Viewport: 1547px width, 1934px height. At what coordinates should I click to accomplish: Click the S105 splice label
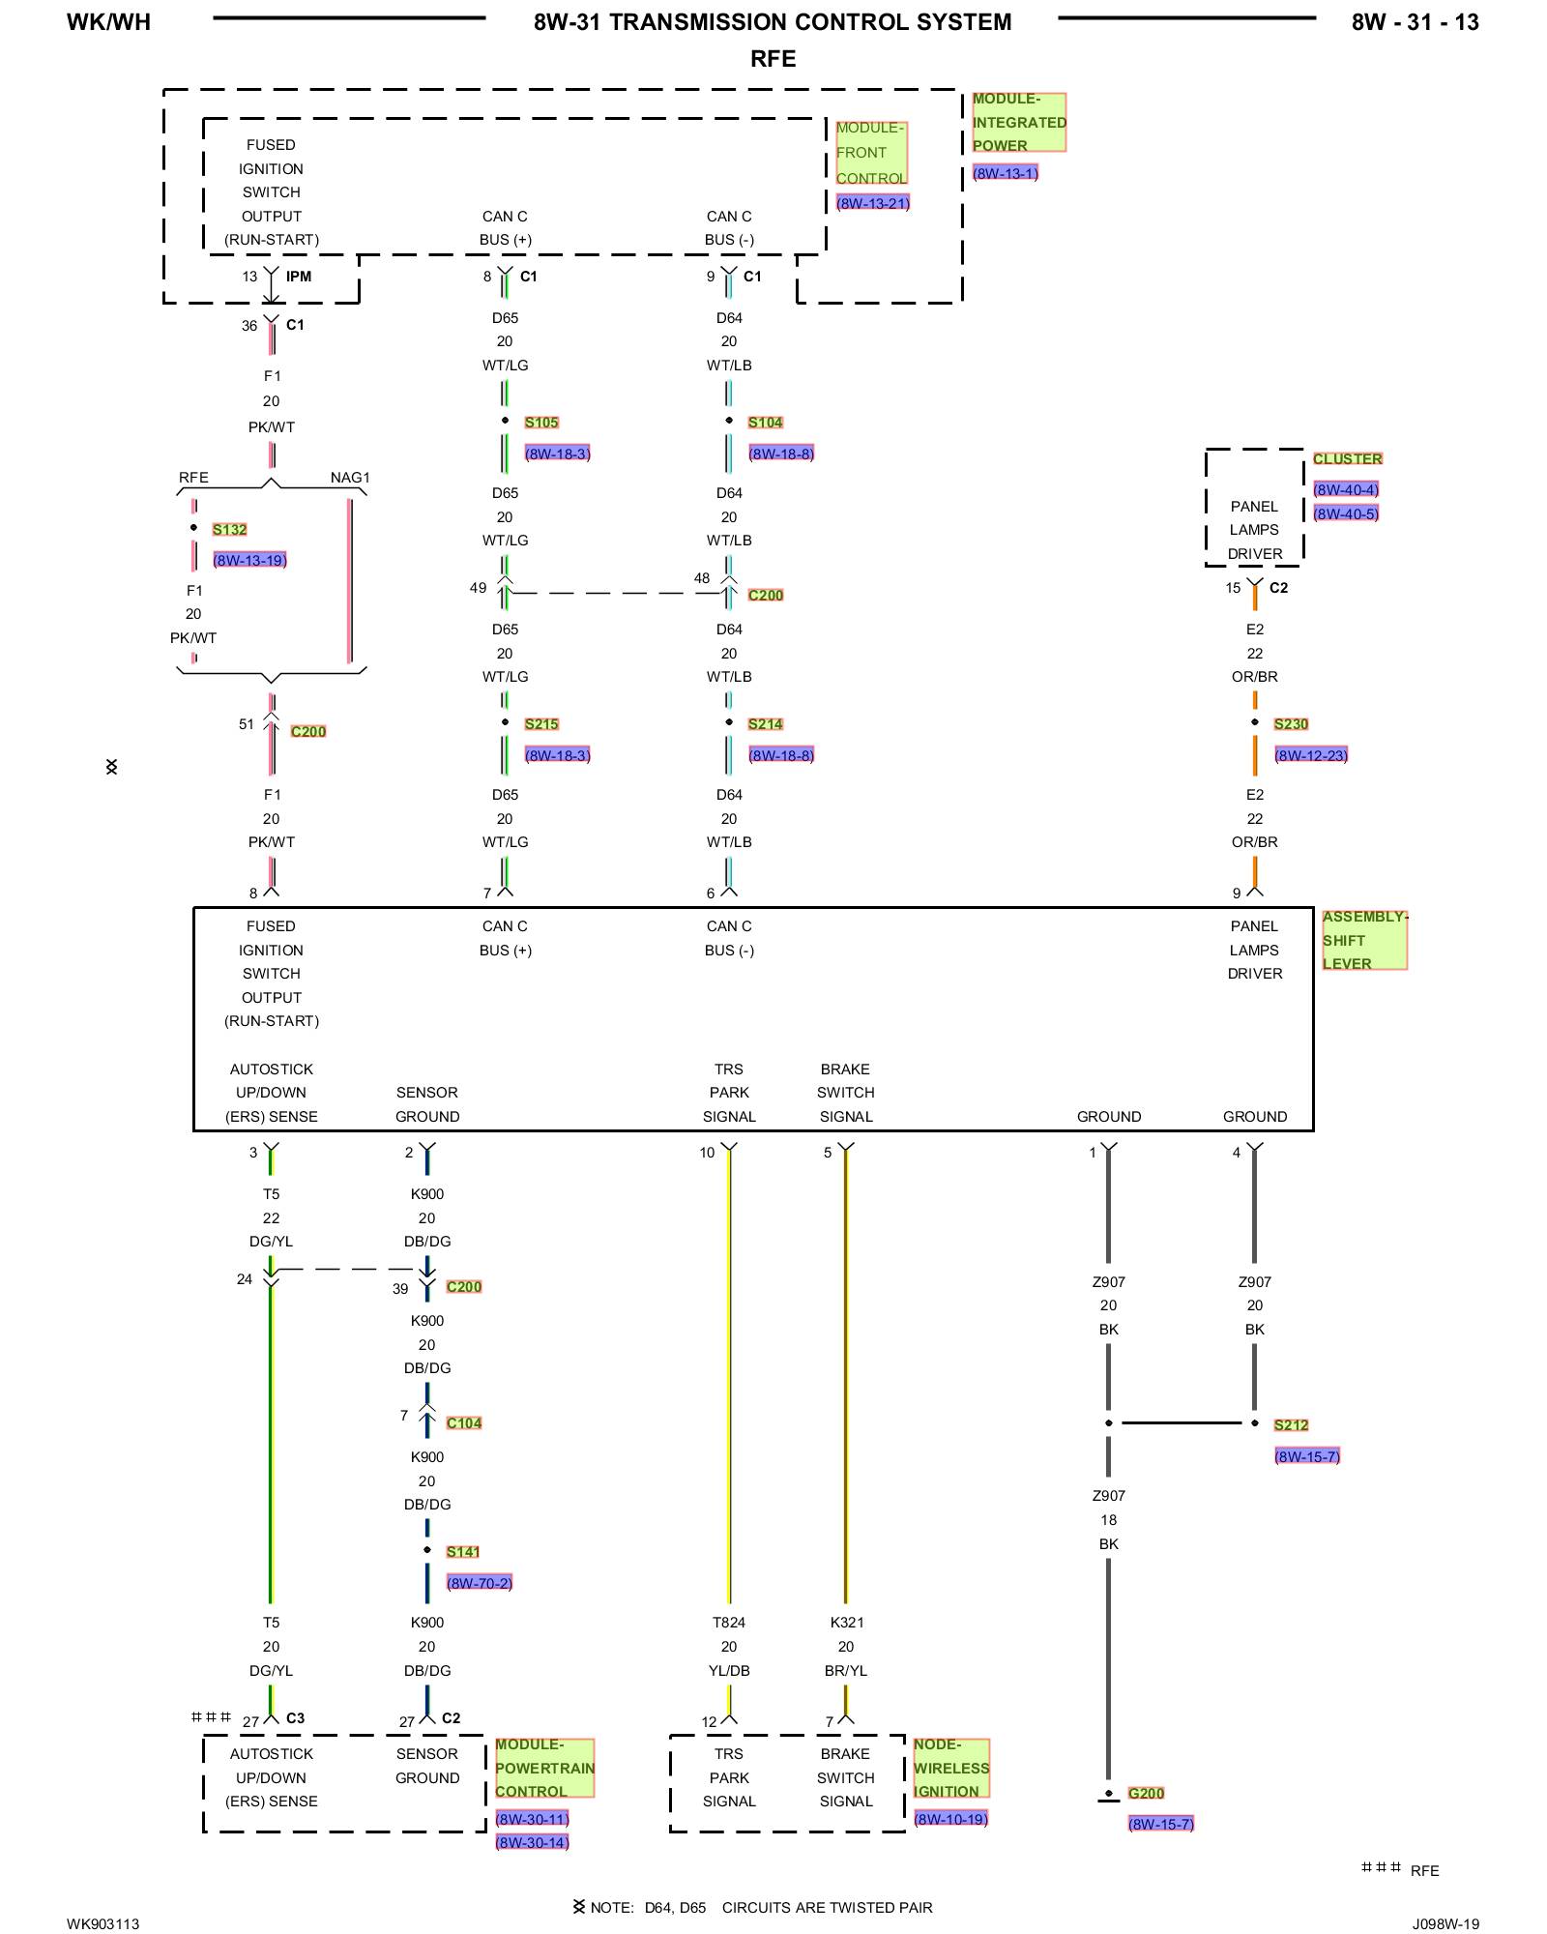tap(541, 423)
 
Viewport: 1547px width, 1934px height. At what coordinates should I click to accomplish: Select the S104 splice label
tap(765, 423)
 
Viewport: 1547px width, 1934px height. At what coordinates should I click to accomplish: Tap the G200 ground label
tap(1146, 1793)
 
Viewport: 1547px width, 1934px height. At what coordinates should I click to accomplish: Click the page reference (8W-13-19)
tap(249, 560)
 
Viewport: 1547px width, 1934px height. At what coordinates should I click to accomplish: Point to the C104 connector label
tap(464, 1422)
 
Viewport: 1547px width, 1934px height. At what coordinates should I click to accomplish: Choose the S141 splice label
tap(463, 1551)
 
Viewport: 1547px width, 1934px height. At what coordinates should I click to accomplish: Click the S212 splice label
tap(1291, 1424)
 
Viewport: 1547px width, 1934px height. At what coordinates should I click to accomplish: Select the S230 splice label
tap(1291, 724)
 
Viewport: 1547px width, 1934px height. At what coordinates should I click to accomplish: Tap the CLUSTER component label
tap(1348, 458)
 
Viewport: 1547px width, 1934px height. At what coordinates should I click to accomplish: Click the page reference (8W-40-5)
tap(1346, 513)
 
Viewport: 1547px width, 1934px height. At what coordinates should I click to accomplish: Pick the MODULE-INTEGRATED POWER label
tap(1018, 123)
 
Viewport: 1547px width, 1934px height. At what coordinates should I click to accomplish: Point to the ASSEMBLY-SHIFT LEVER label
tap(1363, 940)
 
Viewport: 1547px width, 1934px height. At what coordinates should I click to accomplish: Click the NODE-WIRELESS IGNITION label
tap(950, 1768)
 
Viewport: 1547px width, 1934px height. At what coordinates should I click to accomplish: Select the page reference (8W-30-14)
tap(532, 1842)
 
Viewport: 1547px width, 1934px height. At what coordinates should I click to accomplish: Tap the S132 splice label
tap(229, 529)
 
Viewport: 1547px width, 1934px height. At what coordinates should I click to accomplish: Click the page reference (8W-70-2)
tap(479, 1583)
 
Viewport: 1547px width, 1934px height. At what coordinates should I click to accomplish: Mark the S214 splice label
tap(765, 724)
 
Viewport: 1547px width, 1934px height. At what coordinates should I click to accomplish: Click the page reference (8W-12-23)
tap(1310, 755)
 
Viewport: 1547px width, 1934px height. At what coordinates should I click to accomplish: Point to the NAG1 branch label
tap(350, 478)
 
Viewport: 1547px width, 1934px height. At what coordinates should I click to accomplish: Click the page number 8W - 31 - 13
tap(1415, 22)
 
